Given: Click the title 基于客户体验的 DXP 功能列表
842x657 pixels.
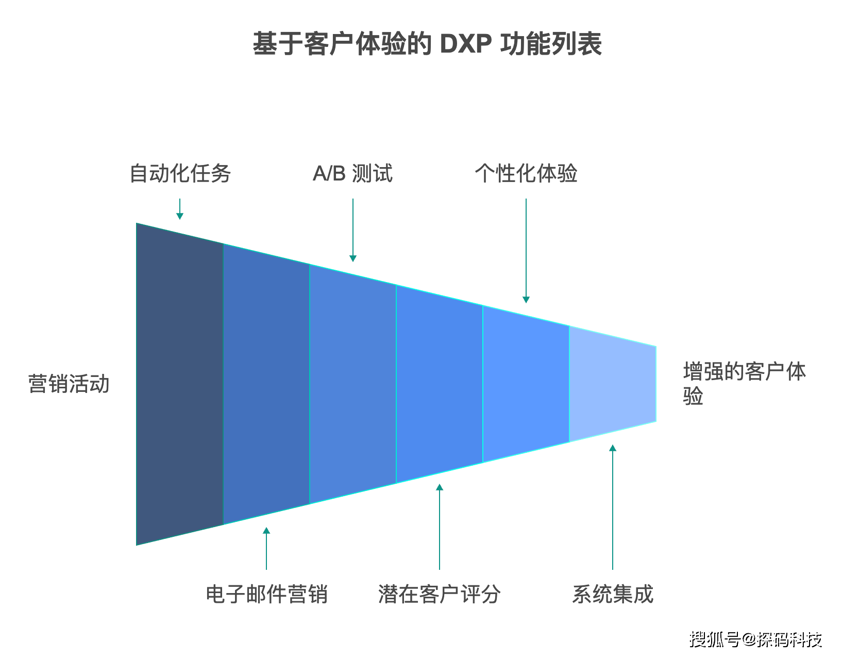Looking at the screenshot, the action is [427, 43].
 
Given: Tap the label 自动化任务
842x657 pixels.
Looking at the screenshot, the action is [180, 173].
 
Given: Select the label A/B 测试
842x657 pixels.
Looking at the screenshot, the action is [352, 173].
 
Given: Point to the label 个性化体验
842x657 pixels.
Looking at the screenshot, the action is [526, 173].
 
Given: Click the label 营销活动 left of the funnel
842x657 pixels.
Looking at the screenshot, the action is [69, 384].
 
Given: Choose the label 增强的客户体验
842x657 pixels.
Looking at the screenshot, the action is [745, 383].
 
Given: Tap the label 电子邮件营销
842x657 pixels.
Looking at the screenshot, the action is [266, 594].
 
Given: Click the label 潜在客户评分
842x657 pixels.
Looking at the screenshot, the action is [440, 594].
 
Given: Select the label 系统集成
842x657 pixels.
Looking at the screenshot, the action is [613, 594].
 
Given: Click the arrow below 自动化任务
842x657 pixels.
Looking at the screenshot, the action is [180, 209].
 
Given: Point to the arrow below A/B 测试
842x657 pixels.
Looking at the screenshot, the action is [353, 230].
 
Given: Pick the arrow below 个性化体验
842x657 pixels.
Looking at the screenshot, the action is [526, 251].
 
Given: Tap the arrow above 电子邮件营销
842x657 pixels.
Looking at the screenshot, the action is [266, 549].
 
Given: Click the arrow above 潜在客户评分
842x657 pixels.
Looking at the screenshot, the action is [440, 527].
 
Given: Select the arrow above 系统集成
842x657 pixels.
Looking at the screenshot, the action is [613, 507].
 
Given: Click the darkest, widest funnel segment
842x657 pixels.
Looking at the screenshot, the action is [180, 384].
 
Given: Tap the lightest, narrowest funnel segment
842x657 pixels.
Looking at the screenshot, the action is [613, 384].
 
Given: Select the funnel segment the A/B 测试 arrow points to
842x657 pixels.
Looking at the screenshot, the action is [353, 384].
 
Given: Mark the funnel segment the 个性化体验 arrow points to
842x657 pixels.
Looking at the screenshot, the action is [526, 384].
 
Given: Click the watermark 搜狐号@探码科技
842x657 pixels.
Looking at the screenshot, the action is [755, 639].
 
